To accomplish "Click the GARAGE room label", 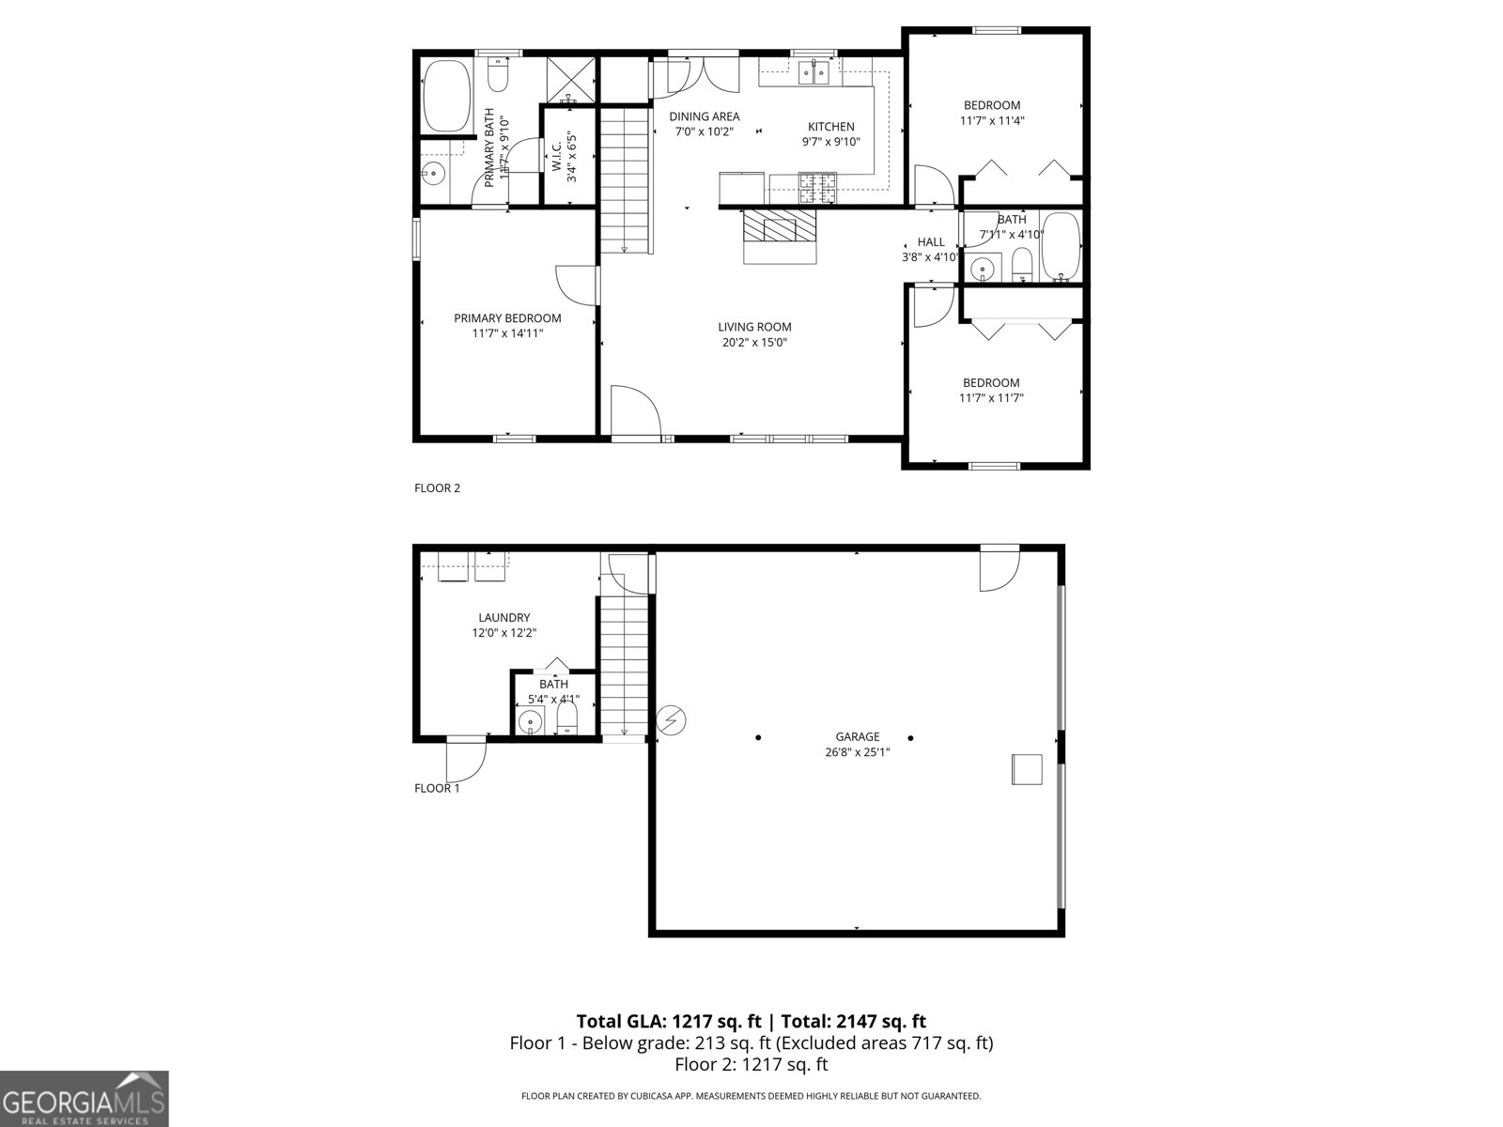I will click(857, 736).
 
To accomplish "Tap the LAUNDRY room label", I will click(504, 617).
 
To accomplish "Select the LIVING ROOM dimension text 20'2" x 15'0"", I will click(754, 343).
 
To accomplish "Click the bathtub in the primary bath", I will click(446, 97).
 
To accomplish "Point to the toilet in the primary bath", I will click(498, 75).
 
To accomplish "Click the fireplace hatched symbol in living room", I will click(780, 227).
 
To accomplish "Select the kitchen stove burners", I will click(815, 188).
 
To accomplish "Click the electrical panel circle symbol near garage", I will click(671, 720).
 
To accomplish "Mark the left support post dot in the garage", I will click(758, 737).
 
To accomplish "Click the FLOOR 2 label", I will click(437, 487).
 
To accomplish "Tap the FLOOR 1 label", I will click(437, 788).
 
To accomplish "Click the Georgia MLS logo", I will click(85, 1098).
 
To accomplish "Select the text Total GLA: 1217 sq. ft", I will click(668, 1021).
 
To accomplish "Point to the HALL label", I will click(931, 241).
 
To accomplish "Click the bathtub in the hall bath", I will click(1062, 247).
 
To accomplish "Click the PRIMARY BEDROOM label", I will click(507, 318).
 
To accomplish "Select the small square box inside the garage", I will click(1027, 768).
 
